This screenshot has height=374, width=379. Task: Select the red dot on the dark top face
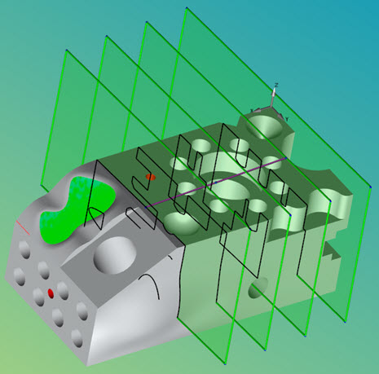point(149,176)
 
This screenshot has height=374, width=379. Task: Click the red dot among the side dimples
point(51,292)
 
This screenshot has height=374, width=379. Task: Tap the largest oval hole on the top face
point(230,195)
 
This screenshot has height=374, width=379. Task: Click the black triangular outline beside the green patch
point(95,214)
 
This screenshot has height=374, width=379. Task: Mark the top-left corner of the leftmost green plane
point(64,51)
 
